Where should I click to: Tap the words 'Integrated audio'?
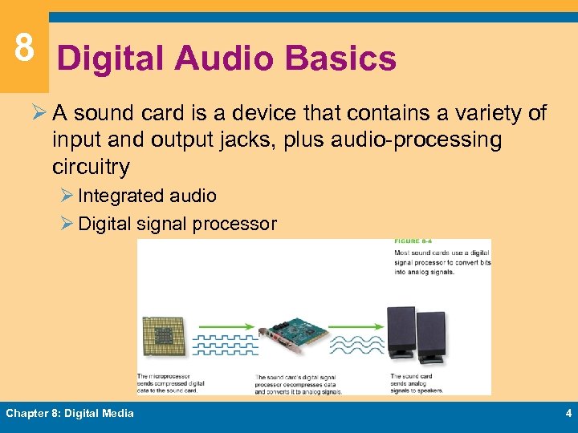(147, 196)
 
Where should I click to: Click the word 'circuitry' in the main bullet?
(91, 167)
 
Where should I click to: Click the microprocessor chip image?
(164, 336)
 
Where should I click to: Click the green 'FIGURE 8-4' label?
(412, 241)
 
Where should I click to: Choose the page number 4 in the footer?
(568, 414)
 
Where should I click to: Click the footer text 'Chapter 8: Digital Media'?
(70, 414)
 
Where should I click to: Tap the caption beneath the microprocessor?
(171, 383)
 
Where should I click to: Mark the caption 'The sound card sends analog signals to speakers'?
(417, 383)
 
